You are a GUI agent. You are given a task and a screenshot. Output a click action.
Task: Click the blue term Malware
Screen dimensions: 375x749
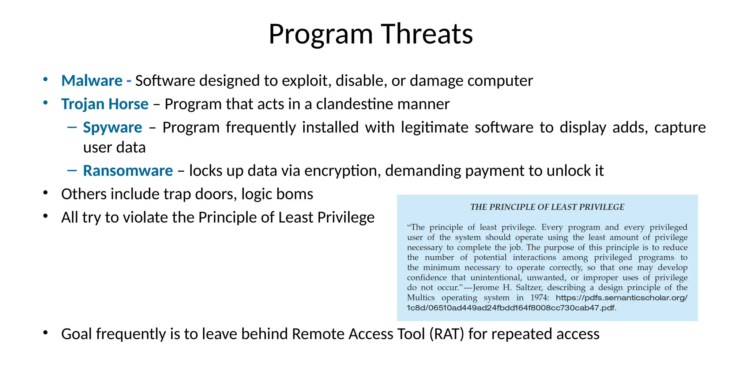point(92,81)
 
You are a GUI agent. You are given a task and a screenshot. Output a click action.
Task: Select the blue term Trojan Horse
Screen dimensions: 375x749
point(105,104)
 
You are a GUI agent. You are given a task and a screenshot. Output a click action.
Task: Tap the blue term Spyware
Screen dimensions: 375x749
point(112,127)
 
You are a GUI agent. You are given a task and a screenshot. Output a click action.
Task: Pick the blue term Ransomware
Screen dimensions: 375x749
point(128,171)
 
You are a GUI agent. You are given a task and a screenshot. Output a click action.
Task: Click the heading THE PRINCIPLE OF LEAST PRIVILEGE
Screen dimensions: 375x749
point(547,207)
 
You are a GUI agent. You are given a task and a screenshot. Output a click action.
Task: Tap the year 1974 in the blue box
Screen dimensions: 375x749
point(539,298)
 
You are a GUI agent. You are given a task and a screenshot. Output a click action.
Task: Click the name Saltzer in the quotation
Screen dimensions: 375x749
point(529,287)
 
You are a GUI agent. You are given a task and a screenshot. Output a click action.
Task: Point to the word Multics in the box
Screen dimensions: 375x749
point(421,298)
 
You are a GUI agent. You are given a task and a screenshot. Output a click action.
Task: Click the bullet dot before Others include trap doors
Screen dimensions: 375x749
point(45,193)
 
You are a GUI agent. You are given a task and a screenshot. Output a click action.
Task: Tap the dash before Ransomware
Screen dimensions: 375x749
point(72,170)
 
